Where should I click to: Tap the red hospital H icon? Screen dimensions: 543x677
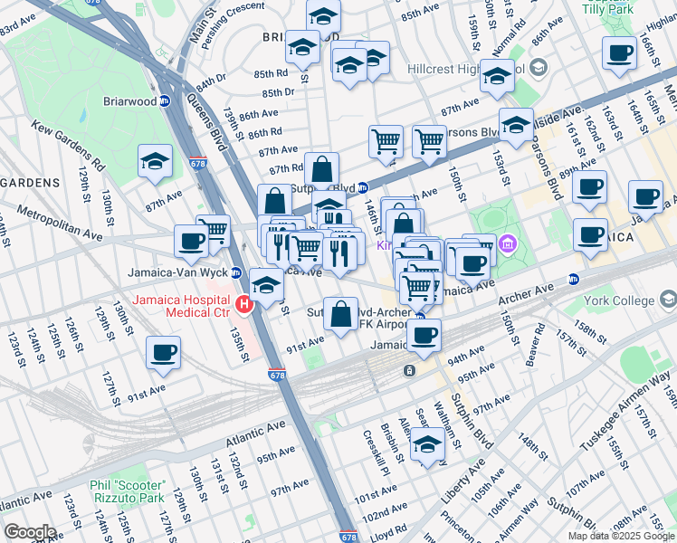pos(243,305)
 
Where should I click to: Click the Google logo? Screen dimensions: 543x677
pos(30,531)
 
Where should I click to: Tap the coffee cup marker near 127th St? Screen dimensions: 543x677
pos(163,353)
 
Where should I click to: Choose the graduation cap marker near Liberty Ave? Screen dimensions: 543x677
pos(427,445)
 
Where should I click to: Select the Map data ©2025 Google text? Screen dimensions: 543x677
pos(620,535)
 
